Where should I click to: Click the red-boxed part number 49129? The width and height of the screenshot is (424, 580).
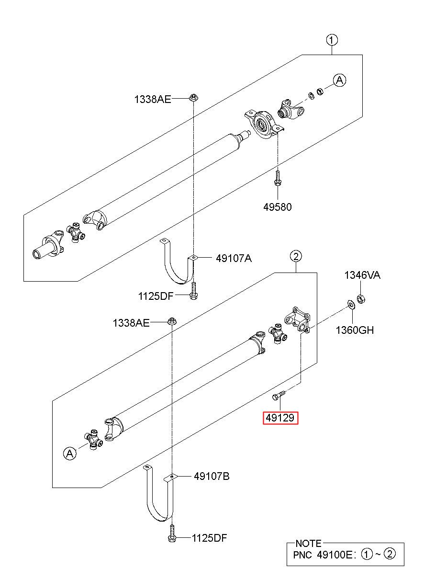(x=280, y=418)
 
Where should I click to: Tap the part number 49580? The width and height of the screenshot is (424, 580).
(x=277, y=207)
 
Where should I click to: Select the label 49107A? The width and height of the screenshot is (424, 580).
(x=234, y=258)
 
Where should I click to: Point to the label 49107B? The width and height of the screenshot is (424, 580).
(x=212, y=476)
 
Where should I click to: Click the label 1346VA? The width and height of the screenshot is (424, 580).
(x=362, y=275)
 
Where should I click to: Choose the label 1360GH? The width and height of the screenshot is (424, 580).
(x=355, y=330)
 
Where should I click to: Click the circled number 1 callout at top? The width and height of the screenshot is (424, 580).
(x=332, y=40)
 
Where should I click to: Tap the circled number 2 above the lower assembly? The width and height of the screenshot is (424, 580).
(x=296, y=256)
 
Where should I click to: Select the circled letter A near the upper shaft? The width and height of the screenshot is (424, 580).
(x=339, y=80)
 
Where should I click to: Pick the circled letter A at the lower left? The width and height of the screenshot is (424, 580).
(x=69, y=454)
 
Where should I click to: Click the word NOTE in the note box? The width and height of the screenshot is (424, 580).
(x=308, y=544)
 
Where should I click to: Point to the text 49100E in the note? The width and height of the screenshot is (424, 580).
(x=335, y=555)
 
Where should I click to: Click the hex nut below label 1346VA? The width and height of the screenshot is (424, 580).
(x=361, y=299)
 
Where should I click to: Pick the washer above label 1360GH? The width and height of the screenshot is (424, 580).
(x=351, y=305)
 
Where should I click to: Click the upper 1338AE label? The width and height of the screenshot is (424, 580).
(x=153, y=99)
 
